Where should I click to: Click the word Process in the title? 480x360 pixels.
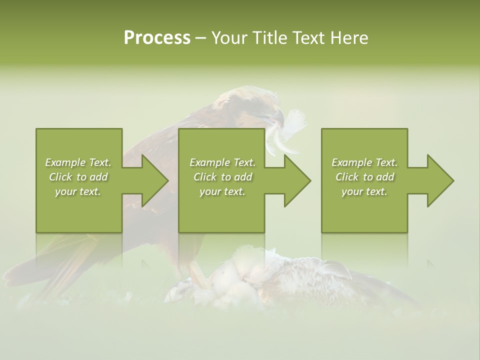(x=157, y=38)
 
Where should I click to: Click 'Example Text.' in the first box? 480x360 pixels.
(x=78, y=162)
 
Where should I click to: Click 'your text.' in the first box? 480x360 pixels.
(x=78, y=191)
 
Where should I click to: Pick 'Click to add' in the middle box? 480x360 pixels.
(x=222, y=177)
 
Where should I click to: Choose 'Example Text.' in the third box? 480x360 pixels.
(x=364, y=162)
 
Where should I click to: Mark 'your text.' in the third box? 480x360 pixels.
(x=364, y=191)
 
